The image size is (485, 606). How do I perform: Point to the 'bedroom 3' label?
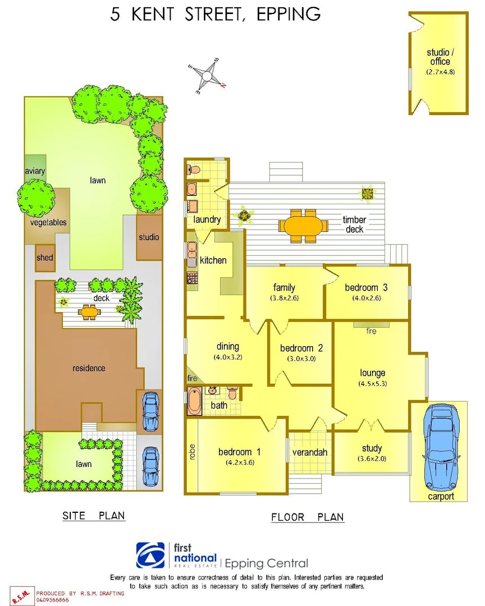point(366,288)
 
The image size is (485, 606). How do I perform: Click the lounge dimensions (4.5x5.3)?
point(373,384)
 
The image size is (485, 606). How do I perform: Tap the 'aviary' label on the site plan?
point(35,171)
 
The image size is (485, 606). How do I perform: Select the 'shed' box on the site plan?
point(45,258)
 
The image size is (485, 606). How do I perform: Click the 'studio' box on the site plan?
point(149,237)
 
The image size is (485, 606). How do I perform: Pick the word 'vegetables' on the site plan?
point(48,222)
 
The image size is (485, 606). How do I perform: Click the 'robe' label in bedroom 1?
point(192,452)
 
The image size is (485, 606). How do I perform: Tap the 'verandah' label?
point(309,452)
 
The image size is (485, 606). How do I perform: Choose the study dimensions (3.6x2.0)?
point(372,458)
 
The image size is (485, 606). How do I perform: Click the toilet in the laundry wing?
point(193,169)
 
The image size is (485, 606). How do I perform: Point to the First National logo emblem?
point(152,555)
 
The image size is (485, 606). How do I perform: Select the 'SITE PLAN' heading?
point(94,516)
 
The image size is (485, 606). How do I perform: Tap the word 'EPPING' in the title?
point(288,15)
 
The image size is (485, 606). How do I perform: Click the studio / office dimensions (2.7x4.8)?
point(440,72)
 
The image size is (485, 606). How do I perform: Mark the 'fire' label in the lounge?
point(371,332)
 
